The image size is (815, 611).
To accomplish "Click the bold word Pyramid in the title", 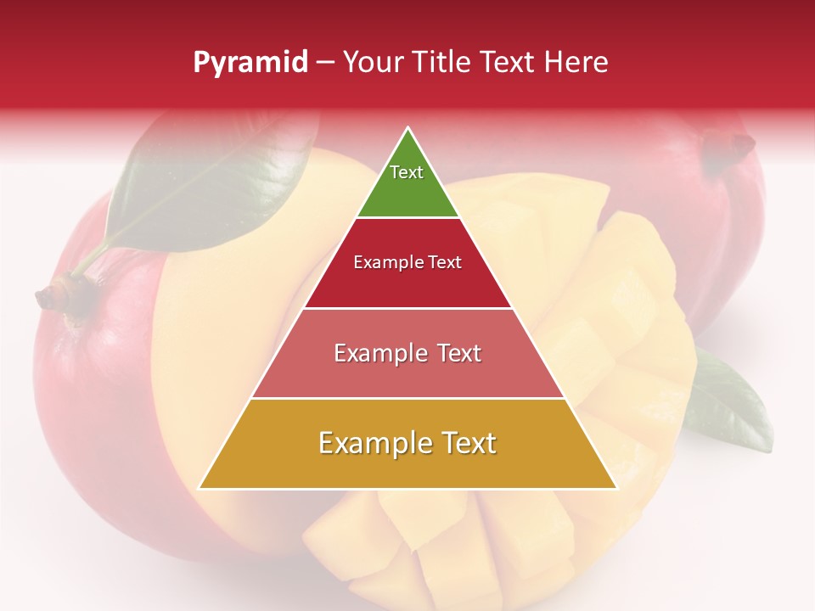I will pyautogui.click(x=250, y=63).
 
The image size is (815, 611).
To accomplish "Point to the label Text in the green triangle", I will pyautogui.click(x=407, y=172).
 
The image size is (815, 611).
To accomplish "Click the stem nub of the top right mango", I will pyautogui.click(x=739, y=147).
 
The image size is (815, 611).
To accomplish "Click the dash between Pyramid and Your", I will pyautogui.click(x=325, y=63).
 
